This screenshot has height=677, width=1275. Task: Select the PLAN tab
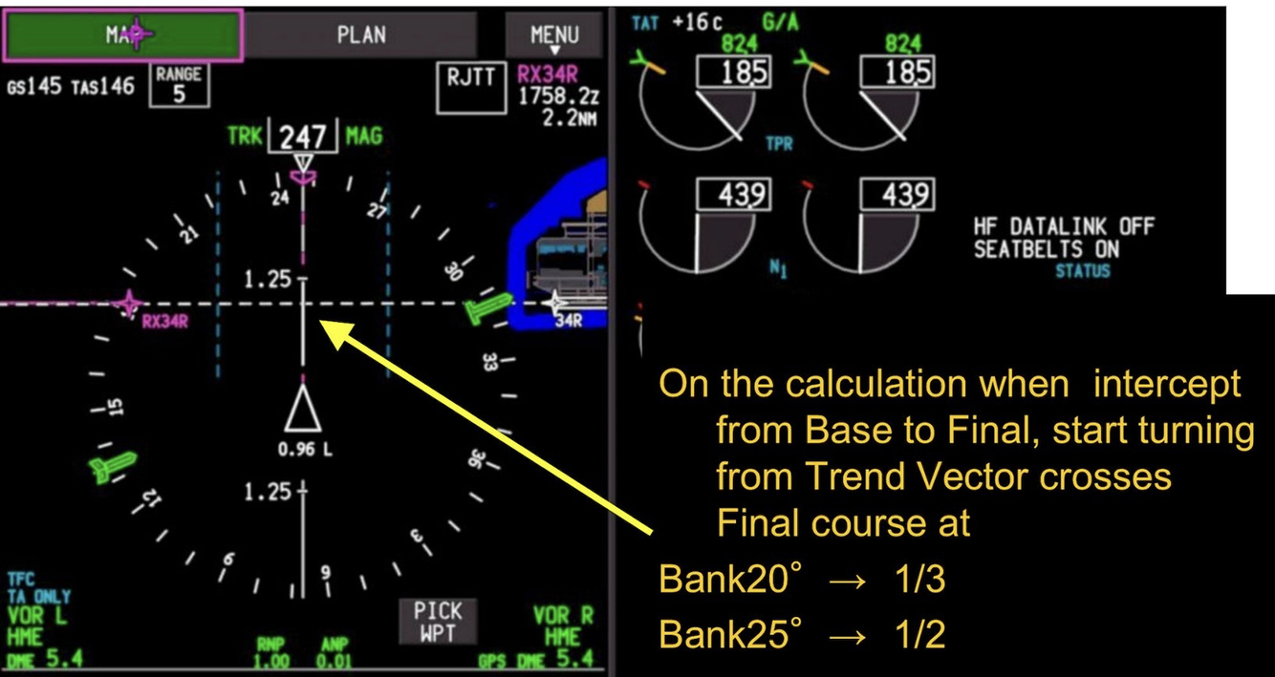[361, 35]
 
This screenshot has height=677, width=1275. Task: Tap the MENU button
[554, 36]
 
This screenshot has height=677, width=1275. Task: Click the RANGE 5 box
[179, 85]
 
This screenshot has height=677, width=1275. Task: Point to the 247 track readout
[304, 136]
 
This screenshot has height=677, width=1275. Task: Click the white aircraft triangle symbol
[303, 409]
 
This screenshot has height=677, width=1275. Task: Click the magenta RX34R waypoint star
[127, 305]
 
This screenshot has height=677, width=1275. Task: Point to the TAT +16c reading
[677, 22]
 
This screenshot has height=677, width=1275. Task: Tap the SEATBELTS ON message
[1047, 249]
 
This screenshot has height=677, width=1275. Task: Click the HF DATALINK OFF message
[1063, 227]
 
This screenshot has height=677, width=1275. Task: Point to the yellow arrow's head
[322, 326]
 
